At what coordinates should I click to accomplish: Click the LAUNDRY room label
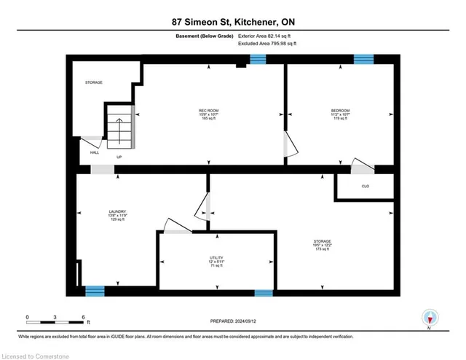(108, 212)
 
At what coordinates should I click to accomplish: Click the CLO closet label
(365, 187)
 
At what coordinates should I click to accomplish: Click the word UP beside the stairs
(119, 157)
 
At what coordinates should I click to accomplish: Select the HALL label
(95, 152)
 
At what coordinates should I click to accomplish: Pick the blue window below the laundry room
(95, 291)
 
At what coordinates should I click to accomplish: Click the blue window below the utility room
(264, 293)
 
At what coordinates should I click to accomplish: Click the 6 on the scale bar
(85, 317)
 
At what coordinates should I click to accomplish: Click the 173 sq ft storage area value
(323, 250)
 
